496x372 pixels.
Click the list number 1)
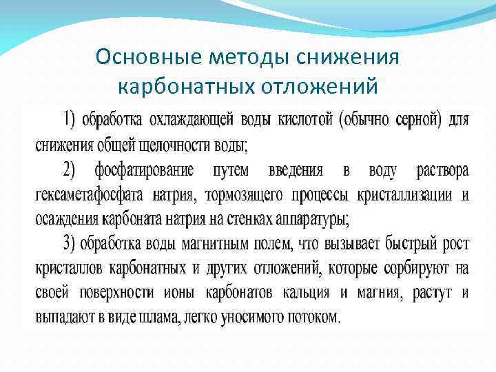[x=70, y=120]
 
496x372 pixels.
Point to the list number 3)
[x=70, y=243]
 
